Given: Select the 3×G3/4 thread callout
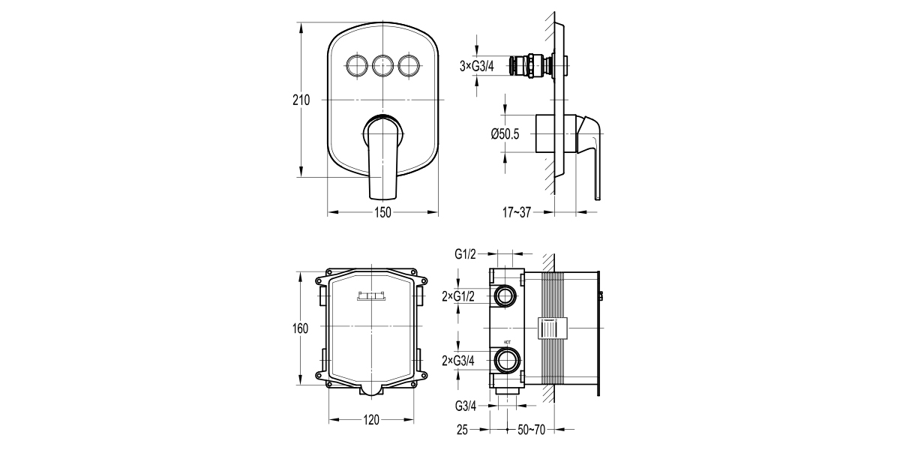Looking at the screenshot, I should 477,67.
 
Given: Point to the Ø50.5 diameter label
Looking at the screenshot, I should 505,133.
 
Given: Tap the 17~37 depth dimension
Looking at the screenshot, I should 517,212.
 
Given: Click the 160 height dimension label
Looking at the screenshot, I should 300,329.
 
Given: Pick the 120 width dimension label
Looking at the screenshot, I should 372,420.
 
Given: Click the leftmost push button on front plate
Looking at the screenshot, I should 356,66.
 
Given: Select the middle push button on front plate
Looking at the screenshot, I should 382,66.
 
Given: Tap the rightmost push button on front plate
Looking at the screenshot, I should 409,66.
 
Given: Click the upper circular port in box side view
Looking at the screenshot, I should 505,297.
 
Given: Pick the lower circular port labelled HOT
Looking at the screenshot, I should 505,361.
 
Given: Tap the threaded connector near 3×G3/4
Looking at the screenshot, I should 532,66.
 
